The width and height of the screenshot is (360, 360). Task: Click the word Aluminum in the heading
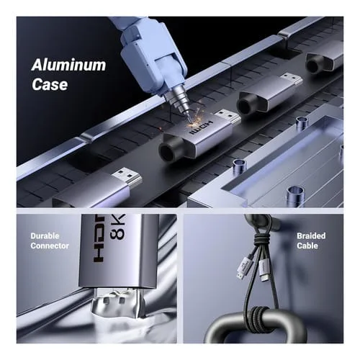(68, 65)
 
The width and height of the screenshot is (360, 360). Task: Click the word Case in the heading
(50, 84)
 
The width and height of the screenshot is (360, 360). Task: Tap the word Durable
(45, 236)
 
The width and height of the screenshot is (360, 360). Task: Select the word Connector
(50, 246)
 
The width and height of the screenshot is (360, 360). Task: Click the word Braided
(311, 236)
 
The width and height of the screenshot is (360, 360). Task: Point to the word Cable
(307, 246)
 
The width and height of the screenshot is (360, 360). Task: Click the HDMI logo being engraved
(201, 127)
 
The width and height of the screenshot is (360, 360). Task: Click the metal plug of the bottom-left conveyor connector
(127, 177)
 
